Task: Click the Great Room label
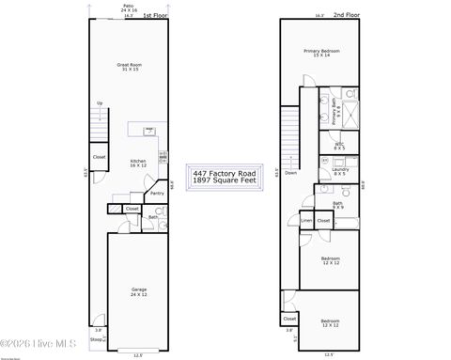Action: pos(128,67)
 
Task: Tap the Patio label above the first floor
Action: pos(128,7)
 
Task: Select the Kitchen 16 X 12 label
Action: pos(138,164)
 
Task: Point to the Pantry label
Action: pos(157,194)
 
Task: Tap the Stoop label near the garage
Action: pos(96,338)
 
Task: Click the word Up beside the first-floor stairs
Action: pos(100,103)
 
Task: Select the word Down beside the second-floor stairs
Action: pos(291,173)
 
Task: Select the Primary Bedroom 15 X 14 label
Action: pos(321,53)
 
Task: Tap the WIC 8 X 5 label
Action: pos(339,146)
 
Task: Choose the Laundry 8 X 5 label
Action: pos(339,172)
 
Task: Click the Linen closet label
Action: pos(306,221)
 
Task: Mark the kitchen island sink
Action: pos(148,131)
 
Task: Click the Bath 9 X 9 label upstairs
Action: pos(337,204)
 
